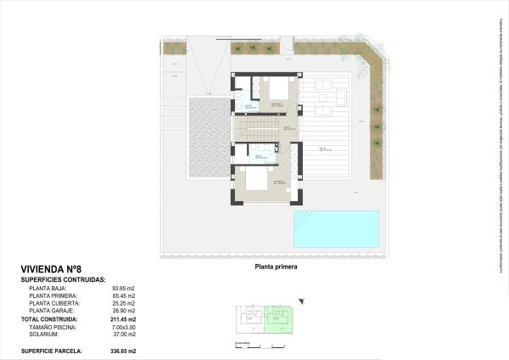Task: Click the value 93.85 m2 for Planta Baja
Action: [124, 288]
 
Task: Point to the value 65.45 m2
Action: [124, 295]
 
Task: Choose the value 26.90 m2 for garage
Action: [124, 311]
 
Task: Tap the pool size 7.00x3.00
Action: [124, 326]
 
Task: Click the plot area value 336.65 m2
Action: [122, 350]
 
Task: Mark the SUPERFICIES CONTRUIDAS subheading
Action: [63, 278]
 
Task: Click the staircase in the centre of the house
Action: [258, 130]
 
